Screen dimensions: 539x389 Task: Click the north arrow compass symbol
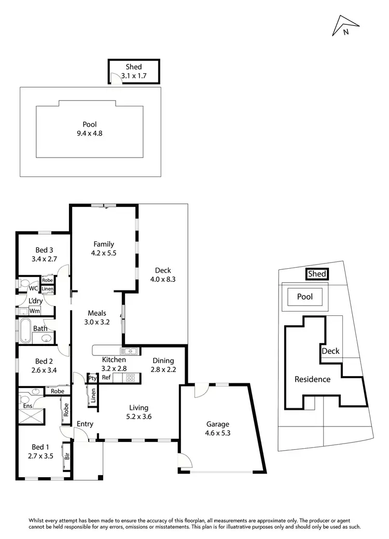tap(346, 25)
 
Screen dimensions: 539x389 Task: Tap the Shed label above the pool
tap(133, 67)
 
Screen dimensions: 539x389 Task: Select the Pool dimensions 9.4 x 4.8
tap(89, 133)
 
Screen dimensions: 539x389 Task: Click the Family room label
tap(104, 244)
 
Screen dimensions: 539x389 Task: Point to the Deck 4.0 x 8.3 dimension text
tap(162, 279)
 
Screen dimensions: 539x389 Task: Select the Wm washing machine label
tap(35, 311)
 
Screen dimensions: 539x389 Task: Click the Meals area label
tap(97, 313)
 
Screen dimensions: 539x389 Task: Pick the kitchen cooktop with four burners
tap(130, 377)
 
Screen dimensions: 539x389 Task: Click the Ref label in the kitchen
tap(106, 378)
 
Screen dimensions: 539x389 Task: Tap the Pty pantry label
tap(93, 378)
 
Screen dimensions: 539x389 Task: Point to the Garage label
tap(217, 424)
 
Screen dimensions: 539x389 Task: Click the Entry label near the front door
tap(85, 424)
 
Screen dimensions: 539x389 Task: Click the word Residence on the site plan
tap(312, 379)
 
